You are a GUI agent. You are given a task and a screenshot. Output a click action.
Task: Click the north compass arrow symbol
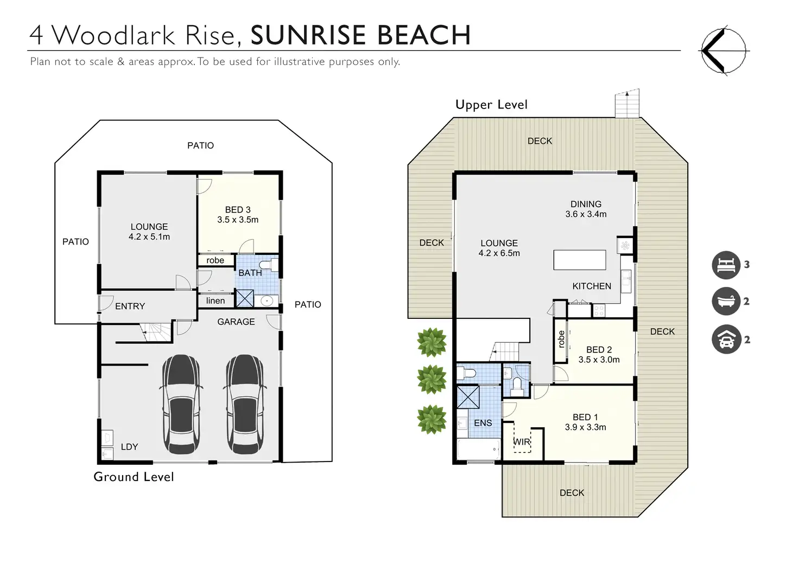coord(724,50)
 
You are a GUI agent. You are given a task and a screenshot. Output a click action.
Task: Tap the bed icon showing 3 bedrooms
coord(726,265)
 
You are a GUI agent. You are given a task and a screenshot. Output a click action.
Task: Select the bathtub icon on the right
coord(726,301)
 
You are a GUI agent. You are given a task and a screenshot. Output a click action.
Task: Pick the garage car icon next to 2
coord(726,339)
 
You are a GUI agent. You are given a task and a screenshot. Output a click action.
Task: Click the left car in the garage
coord(181,405)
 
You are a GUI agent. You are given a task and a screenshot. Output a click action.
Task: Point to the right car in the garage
coord(245,405)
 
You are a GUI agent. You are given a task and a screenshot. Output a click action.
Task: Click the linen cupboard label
coord(215,300)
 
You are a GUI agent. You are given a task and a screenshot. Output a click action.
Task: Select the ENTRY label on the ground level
coord(130,306)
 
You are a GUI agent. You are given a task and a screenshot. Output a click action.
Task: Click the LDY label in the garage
coord(129,447)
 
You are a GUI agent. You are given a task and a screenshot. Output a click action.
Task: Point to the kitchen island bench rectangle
coord(580,260)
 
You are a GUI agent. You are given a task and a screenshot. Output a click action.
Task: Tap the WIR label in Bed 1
coord(522,442)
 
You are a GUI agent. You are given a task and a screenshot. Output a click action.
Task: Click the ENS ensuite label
coord(483,423)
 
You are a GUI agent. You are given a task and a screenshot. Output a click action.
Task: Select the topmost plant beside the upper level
coord(432,342)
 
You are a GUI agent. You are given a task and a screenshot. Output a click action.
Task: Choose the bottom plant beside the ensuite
coord(432,419)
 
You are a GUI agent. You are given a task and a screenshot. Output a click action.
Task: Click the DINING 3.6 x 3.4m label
coord(586,209)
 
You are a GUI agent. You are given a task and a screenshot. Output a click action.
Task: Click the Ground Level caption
coord(134,477)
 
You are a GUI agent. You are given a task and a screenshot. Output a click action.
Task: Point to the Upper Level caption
coord(491,104)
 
